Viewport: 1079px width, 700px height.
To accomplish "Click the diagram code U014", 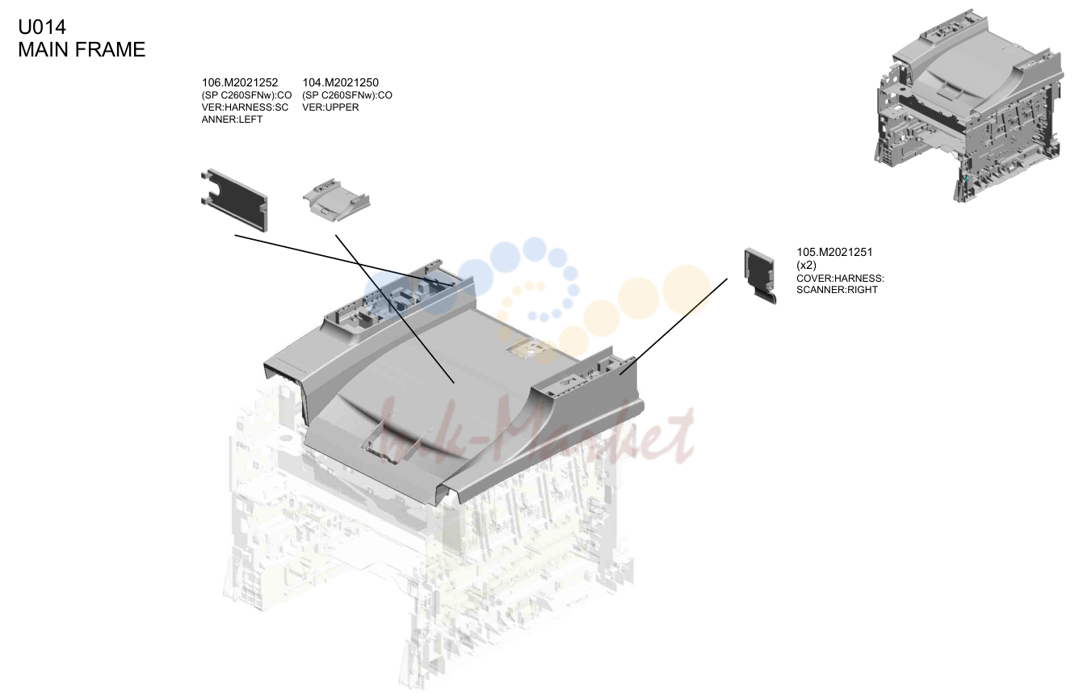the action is pyautogui.click(x=42, y=27).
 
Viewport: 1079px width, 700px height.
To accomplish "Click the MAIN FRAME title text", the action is pyautogui.click(x=82, y=49).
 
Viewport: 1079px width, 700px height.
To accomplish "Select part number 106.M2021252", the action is pyautogui.click(x=239, y=83).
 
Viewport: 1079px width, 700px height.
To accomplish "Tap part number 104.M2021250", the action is pyautogui.click(x=340, y=83).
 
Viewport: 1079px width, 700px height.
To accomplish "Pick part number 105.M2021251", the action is pyautogui.click(x=834, y=252).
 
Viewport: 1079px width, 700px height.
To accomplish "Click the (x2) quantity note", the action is pyautogui.click(x=806, y=266).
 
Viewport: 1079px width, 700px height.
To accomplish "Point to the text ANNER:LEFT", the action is pyautogui.click(x=232, y=119).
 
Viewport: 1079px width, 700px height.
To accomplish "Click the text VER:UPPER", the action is pyautogui.click(x=330, y=107).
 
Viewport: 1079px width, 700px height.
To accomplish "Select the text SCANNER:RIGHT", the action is pyautogui.click(x=837, y=290).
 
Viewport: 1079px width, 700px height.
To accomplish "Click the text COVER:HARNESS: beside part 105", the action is pyautogui.click(x=840, y=279).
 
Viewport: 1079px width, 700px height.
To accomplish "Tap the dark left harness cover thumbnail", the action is pyautogui.click(x=234, y=199).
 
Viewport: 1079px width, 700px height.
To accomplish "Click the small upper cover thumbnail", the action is pyautogui.click(x=336, y=199).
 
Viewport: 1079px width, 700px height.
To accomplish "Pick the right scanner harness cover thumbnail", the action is pyautogui.click(x=760, y=276).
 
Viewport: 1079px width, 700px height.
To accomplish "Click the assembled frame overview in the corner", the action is pyautogui.click(x=968, y=106).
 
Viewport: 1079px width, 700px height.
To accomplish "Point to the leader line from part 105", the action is pyautogui.click(x=674, y=326).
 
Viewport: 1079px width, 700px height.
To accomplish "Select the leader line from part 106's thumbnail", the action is pyautogui.click(x=344, y=261).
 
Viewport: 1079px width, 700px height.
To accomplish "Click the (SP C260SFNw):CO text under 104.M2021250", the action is pyautogui.click(x=346, y=95).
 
